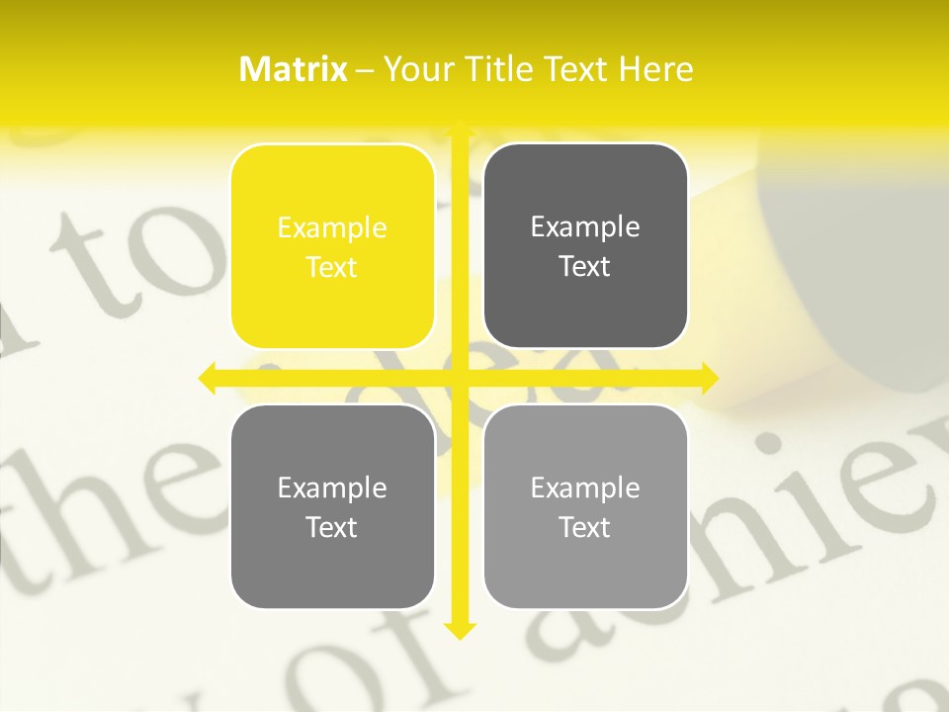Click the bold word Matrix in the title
[x=294, y=69]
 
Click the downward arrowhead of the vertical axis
[x=459, y=630]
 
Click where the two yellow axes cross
[x=459, y=377]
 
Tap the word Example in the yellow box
[x=332, y=228]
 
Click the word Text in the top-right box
[x=585, y=267]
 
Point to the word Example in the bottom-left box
[x=332, y=489]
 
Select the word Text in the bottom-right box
[x=585, y=527]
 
